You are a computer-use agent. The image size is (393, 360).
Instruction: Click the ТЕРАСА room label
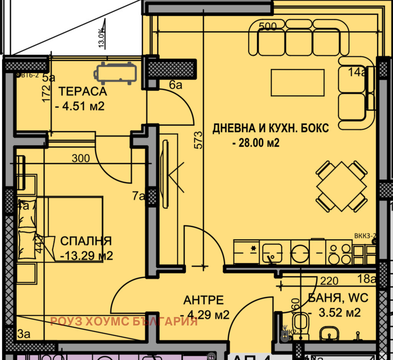coord(82,92)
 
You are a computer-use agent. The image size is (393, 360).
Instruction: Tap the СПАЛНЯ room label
coord(86,241)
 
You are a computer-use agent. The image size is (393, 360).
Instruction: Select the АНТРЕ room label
coord(203,300)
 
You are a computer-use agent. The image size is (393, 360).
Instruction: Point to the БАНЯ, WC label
coord(338,297)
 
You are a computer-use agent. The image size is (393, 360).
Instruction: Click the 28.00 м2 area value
coord(256,143)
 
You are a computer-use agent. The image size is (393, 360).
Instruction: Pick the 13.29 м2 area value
coord(87,256)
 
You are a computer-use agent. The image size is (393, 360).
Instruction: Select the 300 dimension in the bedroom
coord(81,158)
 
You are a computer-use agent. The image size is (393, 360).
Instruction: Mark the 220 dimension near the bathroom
coord(329,281)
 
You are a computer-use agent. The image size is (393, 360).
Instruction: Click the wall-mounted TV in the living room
coord(165,175)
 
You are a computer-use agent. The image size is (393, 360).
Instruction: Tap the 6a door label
coord(175,85)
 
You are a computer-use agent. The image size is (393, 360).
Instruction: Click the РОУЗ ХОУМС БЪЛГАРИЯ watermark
coord(124,321)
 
